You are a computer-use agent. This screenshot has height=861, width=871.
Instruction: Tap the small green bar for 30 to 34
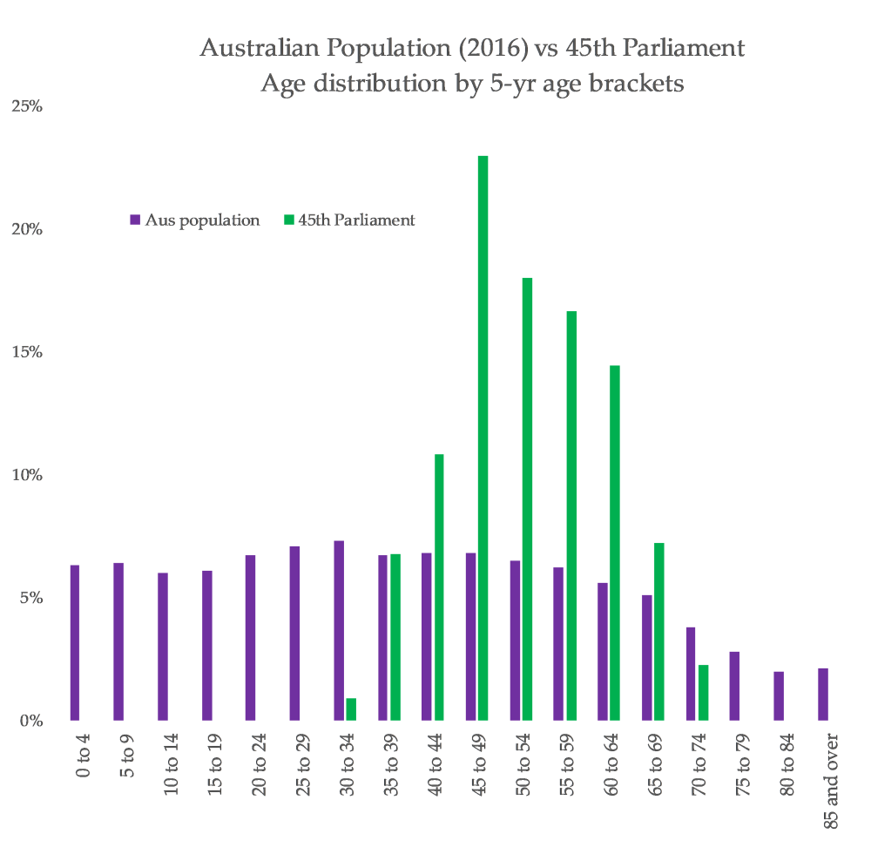351,709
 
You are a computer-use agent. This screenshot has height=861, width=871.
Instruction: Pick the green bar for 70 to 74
703,693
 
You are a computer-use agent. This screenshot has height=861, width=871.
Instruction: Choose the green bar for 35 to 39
395,637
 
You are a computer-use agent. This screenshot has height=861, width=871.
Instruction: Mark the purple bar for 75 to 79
734,686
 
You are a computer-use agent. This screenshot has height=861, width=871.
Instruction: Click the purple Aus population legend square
135,220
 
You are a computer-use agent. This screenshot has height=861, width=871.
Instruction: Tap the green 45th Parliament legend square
288,220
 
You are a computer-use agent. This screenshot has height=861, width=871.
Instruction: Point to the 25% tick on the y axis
27,107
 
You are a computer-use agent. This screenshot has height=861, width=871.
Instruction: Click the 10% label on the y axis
27,476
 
